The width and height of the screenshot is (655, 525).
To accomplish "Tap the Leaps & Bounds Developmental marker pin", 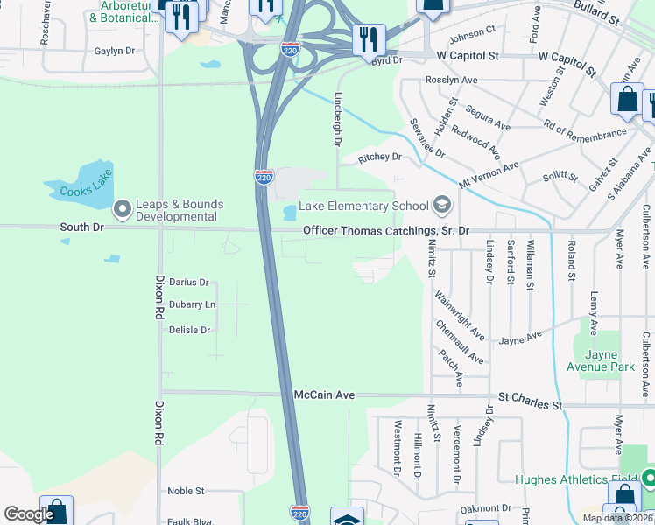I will tap(122, 209).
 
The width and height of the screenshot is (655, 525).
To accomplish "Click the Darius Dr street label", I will tap(189, 283).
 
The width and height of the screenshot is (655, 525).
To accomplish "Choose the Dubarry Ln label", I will tap(191, 304).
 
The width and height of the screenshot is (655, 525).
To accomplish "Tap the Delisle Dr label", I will tap(189, 330).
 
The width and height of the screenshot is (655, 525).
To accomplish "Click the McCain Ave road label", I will tap(324, 395).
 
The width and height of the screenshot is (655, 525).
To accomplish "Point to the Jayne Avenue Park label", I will tap(600, 360).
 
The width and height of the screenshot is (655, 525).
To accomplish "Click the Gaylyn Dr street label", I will tap(115, 52).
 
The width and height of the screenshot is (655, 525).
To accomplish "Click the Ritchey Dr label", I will tap(378, 157).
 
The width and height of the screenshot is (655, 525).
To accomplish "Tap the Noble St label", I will tap(186, 492).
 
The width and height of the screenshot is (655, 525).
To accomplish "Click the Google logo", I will tap(29, 514).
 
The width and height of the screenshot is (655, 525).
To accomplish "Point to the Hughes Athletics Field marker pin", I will tap(648, 479).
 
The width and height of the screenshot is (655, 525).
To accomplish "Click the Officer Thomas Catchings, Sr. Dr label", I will tap(386, 230).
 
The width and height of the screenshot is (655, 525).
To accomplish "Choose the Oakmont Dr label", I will tap(485, 508).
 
